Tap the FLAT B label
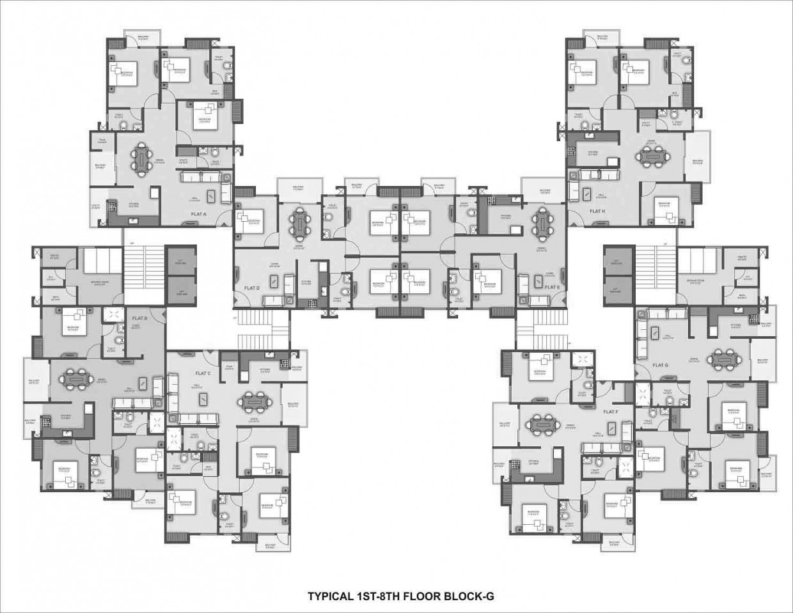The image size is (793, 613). tap(140, 318)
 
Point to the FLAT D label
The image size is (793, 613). tap(252, 288)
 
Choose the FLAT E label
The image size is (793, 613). tap(552, 287)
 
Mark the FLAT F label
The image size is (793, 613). tap(611, 412)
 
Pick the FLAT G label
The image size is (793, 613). tap(661, 365)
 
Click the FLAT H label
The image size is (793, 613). tap(597, 211)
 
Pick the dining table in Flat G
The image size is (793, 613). tap(725, 358)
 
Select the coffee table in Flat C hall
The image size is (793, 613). tap(203, 398)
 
